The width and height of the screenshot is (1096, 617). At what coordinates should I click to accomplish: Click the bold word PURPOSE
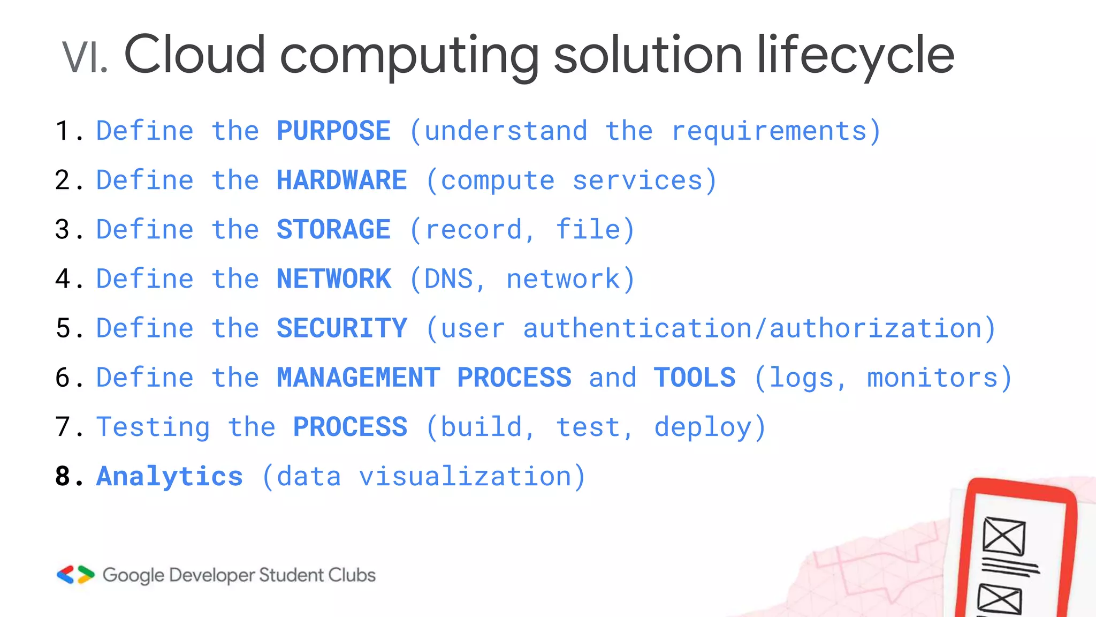333,131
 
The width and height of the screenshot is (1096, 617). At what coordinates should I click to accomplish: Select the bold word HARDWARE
341,180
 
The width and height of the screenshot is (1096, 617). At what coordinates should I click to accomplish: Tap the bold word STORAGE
333,230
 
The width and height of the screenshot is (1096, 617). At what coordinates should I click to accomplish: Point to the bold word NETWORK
333,279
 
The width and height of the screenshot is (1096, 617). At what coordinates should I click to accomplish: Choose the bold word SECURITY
341,328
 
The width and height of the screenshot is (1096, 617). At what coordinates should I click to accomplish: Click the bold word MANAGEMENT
358,378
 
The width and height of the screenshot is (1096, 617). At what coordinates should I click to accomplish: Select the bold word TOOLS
695,378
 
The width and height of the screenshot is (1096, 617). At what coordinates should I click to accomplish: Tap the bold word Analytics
169,476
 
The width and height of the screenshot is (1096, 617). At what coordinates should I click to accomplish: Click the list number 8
63,476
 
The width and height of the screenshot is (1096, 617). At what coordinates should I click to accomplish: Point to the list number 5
63,328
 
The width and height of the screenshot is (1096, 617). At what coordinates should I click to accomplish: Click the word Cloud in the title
194,55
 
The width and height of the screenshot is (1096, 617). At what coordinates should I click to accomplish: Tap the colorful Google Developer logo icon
75,575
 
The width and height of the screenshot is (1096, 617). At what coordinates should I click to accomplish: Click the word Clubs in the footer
352,575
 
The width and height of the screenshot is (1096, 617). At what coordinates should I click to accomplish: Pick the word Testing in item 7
153,427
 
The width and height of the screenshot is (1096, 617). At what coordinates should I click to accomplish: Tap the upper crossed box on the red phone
1004,536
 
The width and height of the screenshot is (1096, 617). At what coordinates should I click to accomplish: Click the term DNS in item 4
448,279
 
